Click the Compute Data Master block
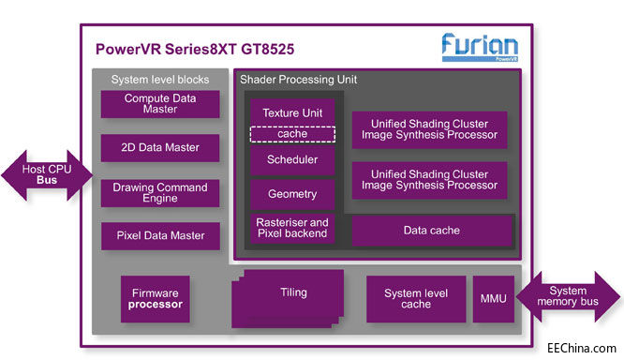(159, 104)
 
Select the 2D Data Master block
(159, 147)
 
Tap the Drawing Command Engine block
(159, 192)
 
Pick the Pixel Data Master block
(159, 235)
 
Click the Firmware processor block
(156, 297)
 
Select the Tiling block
(293, 292)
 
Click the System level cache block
(415, 299)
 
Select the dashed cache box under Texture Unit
(291, 134)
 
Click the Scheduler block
(291, 159)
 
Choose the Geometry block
(291, 194)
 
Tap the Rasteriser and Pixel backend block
(291, 228)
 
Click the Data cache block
(431, 230)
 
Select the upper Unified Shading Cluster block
(429, 130)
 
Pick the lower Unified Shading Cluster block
(429, 180)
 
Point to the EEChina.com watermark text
(580, 347)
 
